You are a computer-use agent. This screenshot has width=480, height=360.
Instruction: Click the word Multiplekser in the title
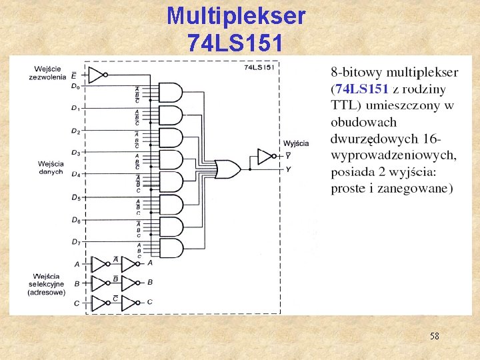[x=236, y=16]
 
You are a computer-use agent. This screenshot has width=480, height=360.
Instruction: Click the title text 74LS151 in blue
[x=236, y=43]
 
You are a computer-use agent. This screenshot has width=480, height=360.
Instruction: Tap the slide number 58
[x=434, y=337]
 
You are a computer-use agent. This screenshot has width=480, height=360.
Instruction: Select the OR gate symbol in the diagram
[x=228, y=169]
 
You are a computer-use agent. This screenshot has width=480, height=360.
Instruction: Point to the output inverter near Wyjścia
[x=265, y=157]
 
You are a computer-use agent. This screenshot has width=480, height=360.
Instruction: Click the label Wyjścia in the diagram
[x=296, y=143]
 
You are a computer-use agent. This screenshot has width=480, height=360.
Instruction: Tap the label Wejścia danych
[x=51, y=167]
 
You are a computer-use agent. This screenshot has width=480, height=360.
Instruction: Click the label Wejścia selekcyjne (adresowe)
[x=48, y=284]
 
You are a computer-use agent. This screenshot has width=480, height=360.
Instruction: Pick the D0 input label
[x=75, y=85]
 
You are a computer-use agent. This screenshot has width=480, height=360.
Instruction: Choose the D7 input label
[x=75, y=241]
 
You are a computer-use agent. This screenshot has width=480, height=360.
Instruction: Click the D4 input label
[x=75, y=175]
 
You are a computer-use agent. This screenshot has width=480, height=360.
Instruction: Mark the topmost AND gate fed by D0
[x=171, y=92]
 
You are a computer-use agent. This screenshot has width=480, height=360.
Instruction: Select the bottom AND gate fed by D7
[x=171, y=248]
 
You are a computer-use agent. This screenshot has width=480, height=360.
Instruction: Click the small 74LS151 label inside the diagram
[x=259, y=67]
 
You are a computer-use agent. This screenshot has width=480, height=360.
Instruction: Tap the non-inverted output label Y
[x=287, y=169]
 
